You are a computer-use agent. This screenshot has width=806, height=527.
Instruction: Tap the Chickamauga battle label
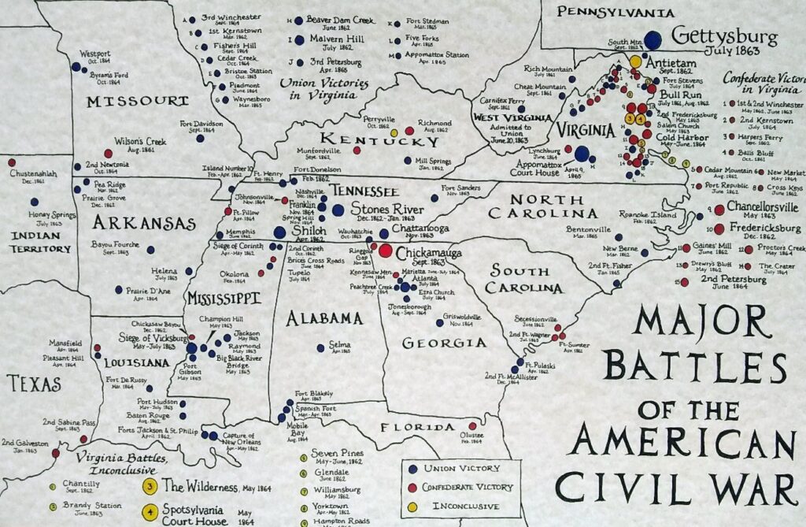coord(428,253)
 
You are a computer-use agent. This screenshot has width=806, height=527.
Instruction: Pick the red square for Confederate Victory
coord(412,487)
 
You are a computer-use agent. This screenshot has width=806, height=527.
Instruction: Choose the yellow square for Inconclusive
coord(412,506)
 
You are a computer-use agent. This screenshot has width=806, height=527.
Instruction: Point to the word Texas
coord(34,384)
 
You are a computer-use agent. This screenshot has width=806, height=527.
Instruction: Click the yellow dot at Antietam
coord(635,61)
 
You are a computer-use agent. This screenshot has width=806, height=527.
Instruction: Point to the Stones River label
coord(386,210)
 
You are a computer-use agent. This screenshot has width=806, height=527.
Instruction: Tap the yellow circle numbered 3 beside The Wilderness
coord(150,487)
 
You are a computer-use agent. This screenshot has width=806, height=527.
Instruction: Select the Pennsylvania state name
coord(616,12)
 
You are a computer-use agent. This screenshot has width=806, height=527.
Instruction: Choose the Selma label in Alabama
coord(339,344)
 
